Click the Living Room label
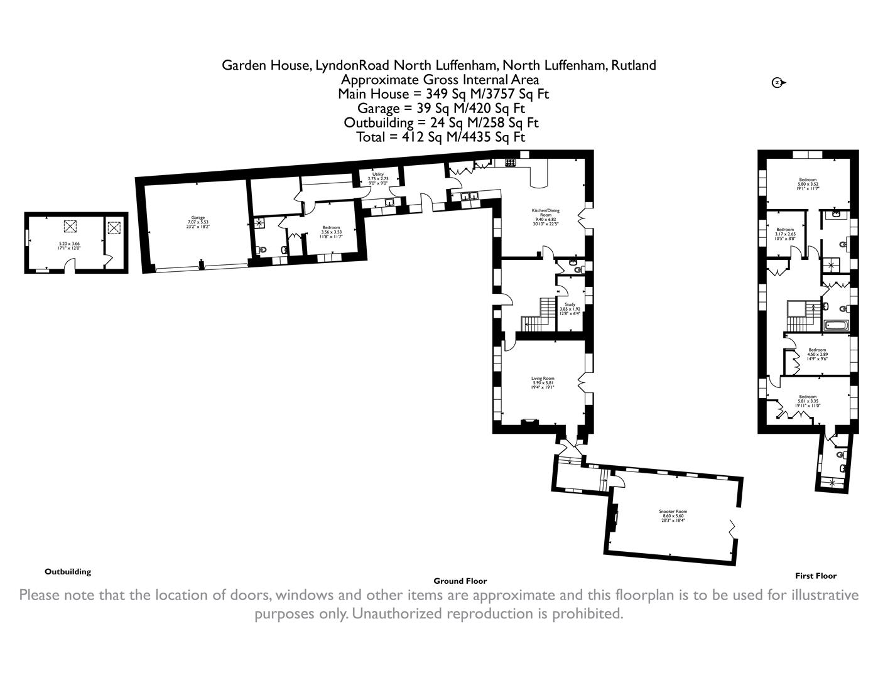click(x=543, y=382)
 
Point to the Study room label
click(x=570, y=308)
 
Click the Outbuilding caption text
click(x=68, y=572)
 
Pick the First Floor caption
click(x=816, y=576)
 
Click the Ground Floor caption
click(x=460, y=581)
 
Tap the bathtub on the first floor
click(x=836, y=325)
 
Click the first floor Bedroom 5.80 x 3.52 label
click(x=808, y=183)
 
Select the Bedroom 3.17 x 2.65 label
click(x=785, y=234)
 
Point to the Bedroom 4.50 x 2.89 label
click(x=817, y=354)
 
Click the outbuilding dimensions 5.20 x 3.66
click(x=70, y=245)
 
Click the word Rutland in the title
click(x=634, y=65)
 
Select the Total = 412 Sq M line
click(x=440, y=137)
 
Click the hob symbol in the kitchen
click(x=510, y=163)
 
